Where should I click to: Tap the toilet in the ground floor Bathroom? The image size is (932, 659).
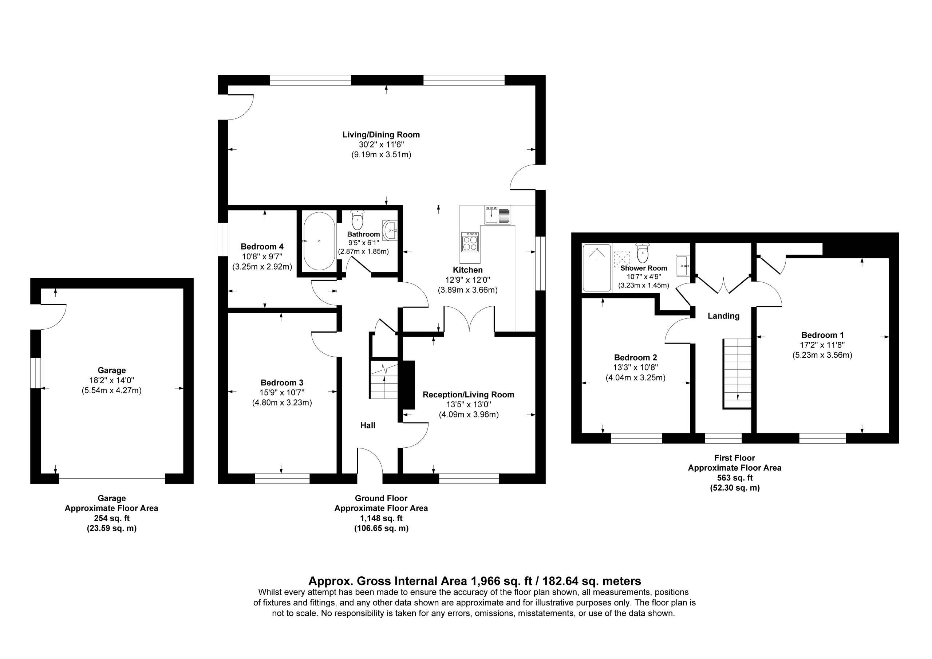point(357,220)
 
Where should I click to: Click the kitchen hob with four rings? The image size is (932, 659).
point(470,242)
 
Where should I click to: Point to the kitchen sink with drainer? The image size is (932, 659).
point(498,215)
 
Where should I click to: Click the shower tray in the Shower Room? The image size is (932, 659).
point(597,268)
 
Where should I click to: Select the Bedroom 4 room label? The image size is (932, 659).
point(262,247)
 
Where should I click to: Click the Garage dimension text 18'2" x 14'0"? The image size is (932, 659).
point(112,381)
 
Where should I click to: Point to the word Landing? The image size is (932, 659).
point(723,316)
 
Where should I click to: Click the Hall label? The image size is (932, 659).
point(368,425)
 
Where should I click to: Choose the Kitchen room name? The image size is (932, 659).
point(467,270)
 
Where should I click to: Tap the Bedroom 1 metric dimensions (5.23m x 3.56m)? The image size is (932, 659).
point(822,355)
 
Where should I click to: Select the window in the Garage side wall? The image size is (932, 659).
point(36,373)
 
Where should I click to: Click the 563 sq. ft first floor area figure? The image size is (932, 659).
point(735,478)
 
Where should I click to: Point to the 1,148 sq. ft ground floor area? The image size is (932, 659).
point(381,518)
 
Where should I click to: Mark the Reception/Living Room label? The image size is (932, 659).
point(469,395)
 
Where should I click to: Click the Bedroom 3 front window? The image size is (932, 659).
point(282,479)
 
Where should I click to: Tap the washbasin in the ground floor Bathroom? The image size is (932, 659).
point(390,230)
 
